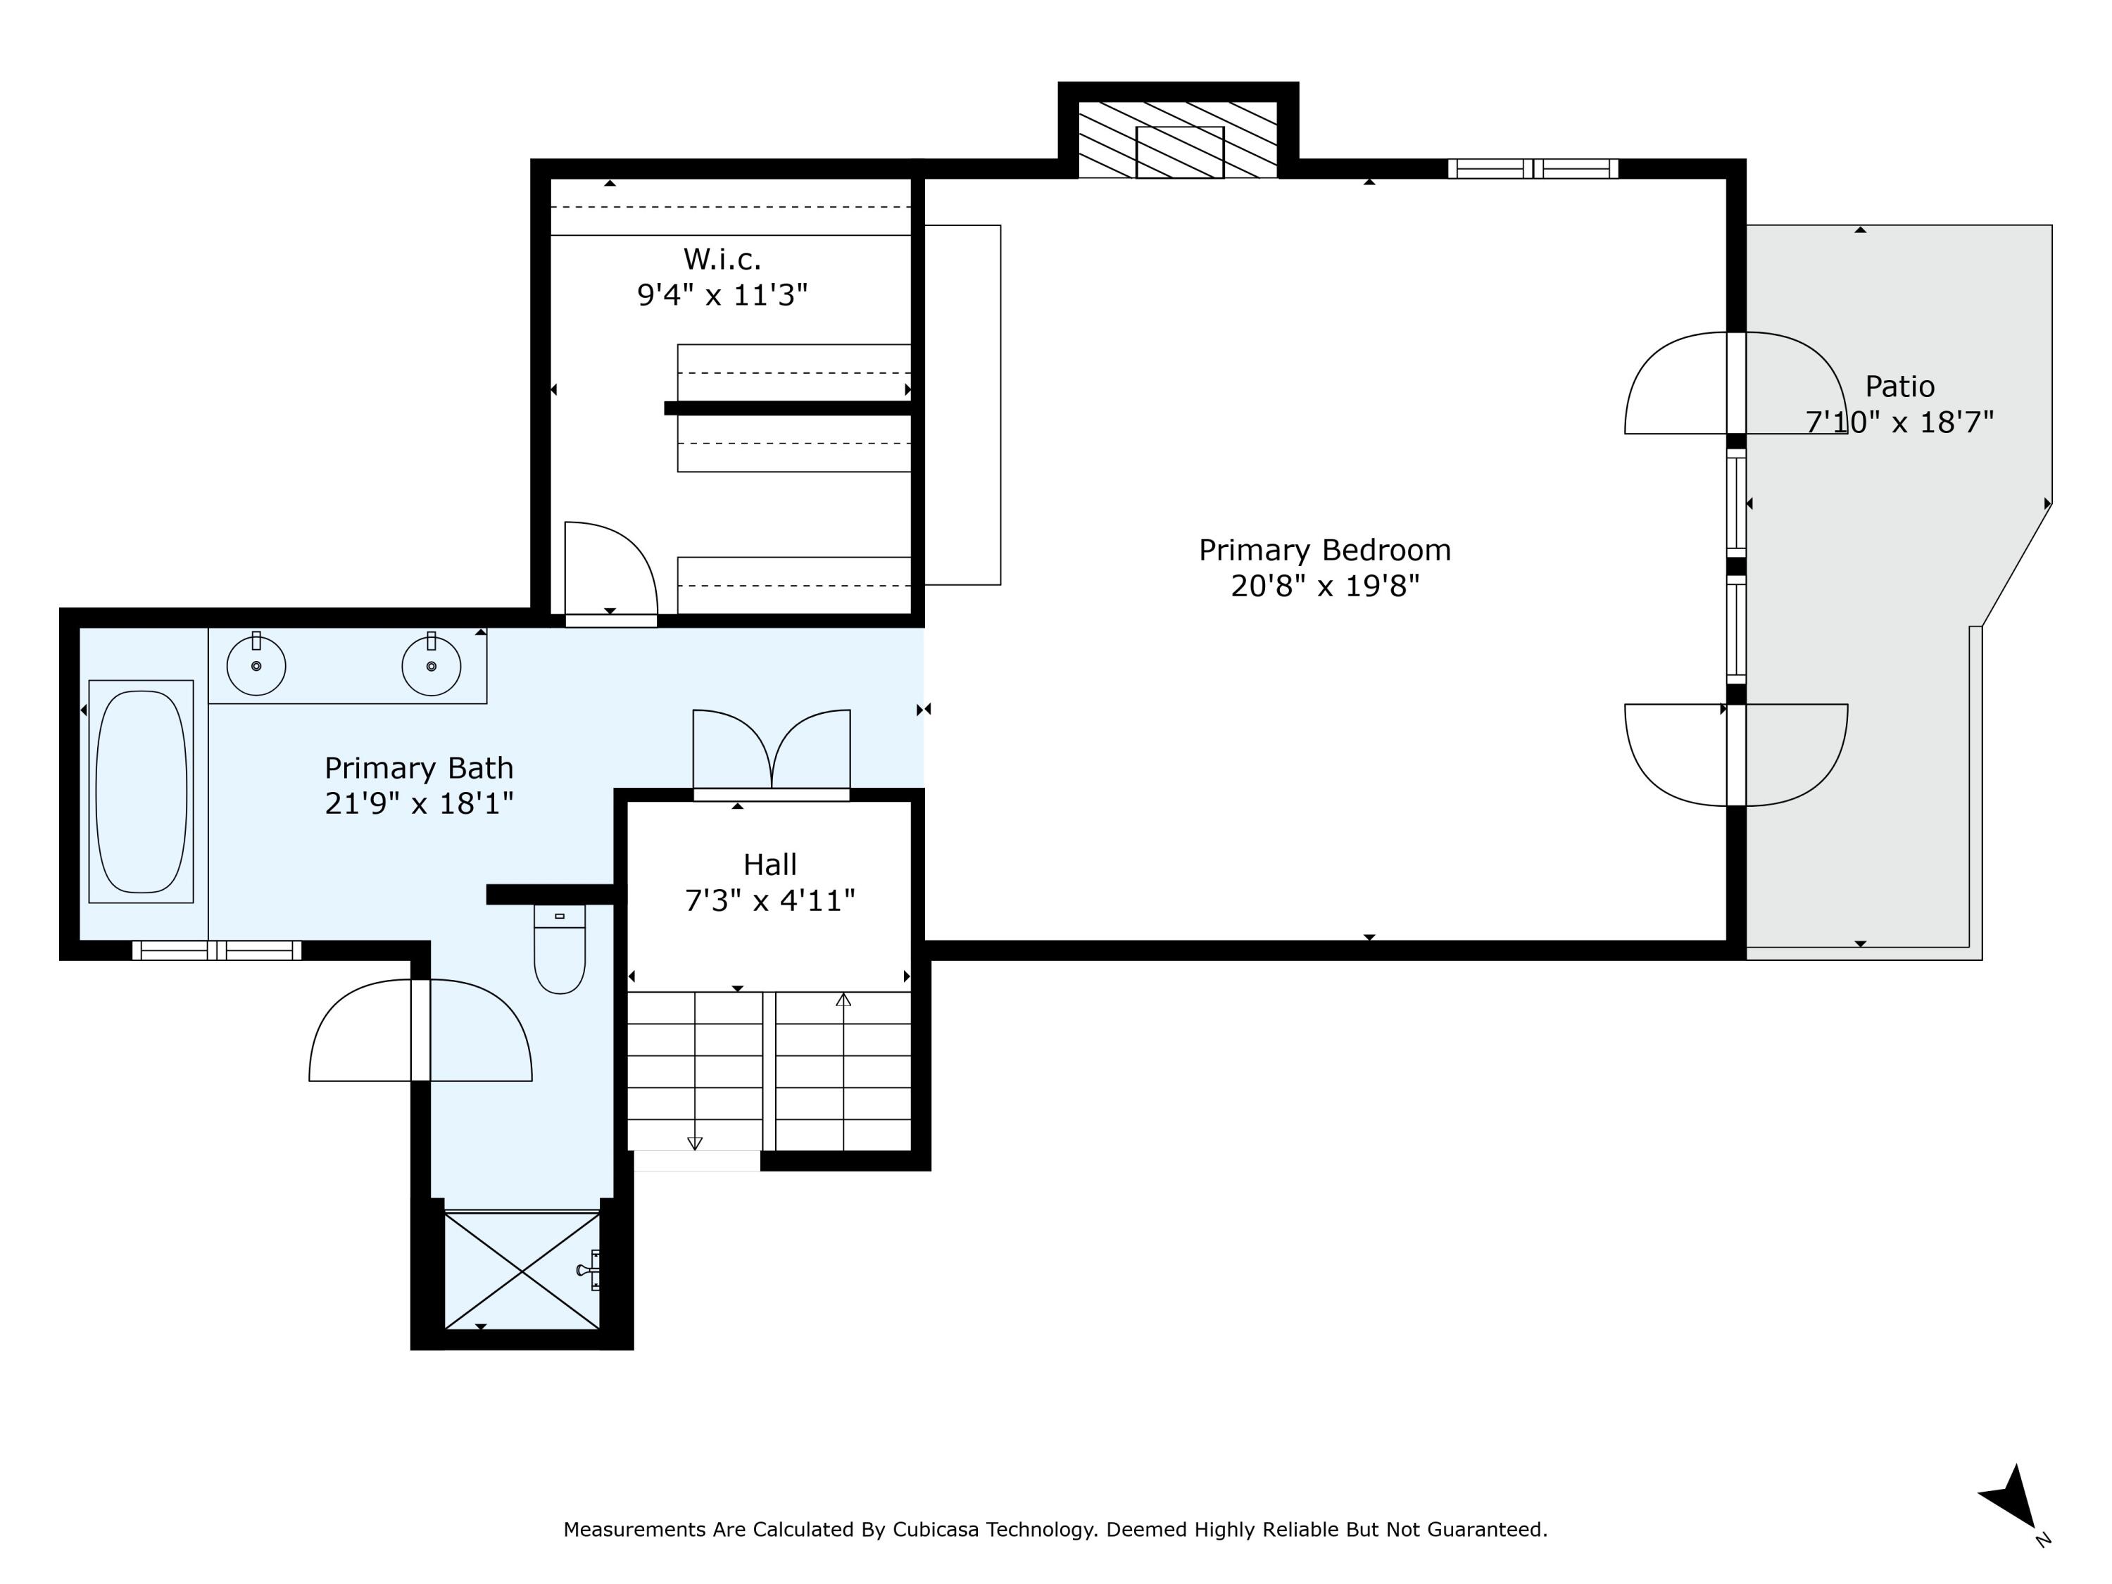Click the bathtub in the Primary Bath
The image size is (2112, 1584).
coord(142,791)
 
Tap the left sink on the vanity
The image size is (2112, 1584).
coord(256,665)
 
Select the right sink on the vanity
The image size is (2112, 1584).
coord(432,665)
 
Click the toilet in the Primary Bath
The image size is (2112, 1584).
coord(560,949)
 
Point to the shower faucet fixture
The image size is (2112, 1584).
coord(589,1270)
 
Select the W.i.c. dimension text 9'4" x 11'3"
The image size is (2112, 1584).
coord(723,295)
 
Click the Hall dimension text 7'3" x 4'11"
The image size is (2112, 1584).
coord(770,900)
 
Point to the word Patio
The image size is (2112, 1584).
coord(1900,386)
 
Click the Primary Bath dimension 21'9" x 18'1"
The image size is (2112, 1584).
coord(419,804)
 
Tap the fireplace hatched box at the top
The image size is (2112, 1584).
coord(1178,139)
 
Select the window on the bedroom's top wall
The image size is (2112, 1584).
coord(1533,169)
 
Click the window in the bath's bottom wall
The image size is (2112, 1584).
coord(217,950)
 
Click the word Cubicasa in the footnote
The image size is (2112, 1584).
coord(935,1530)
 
